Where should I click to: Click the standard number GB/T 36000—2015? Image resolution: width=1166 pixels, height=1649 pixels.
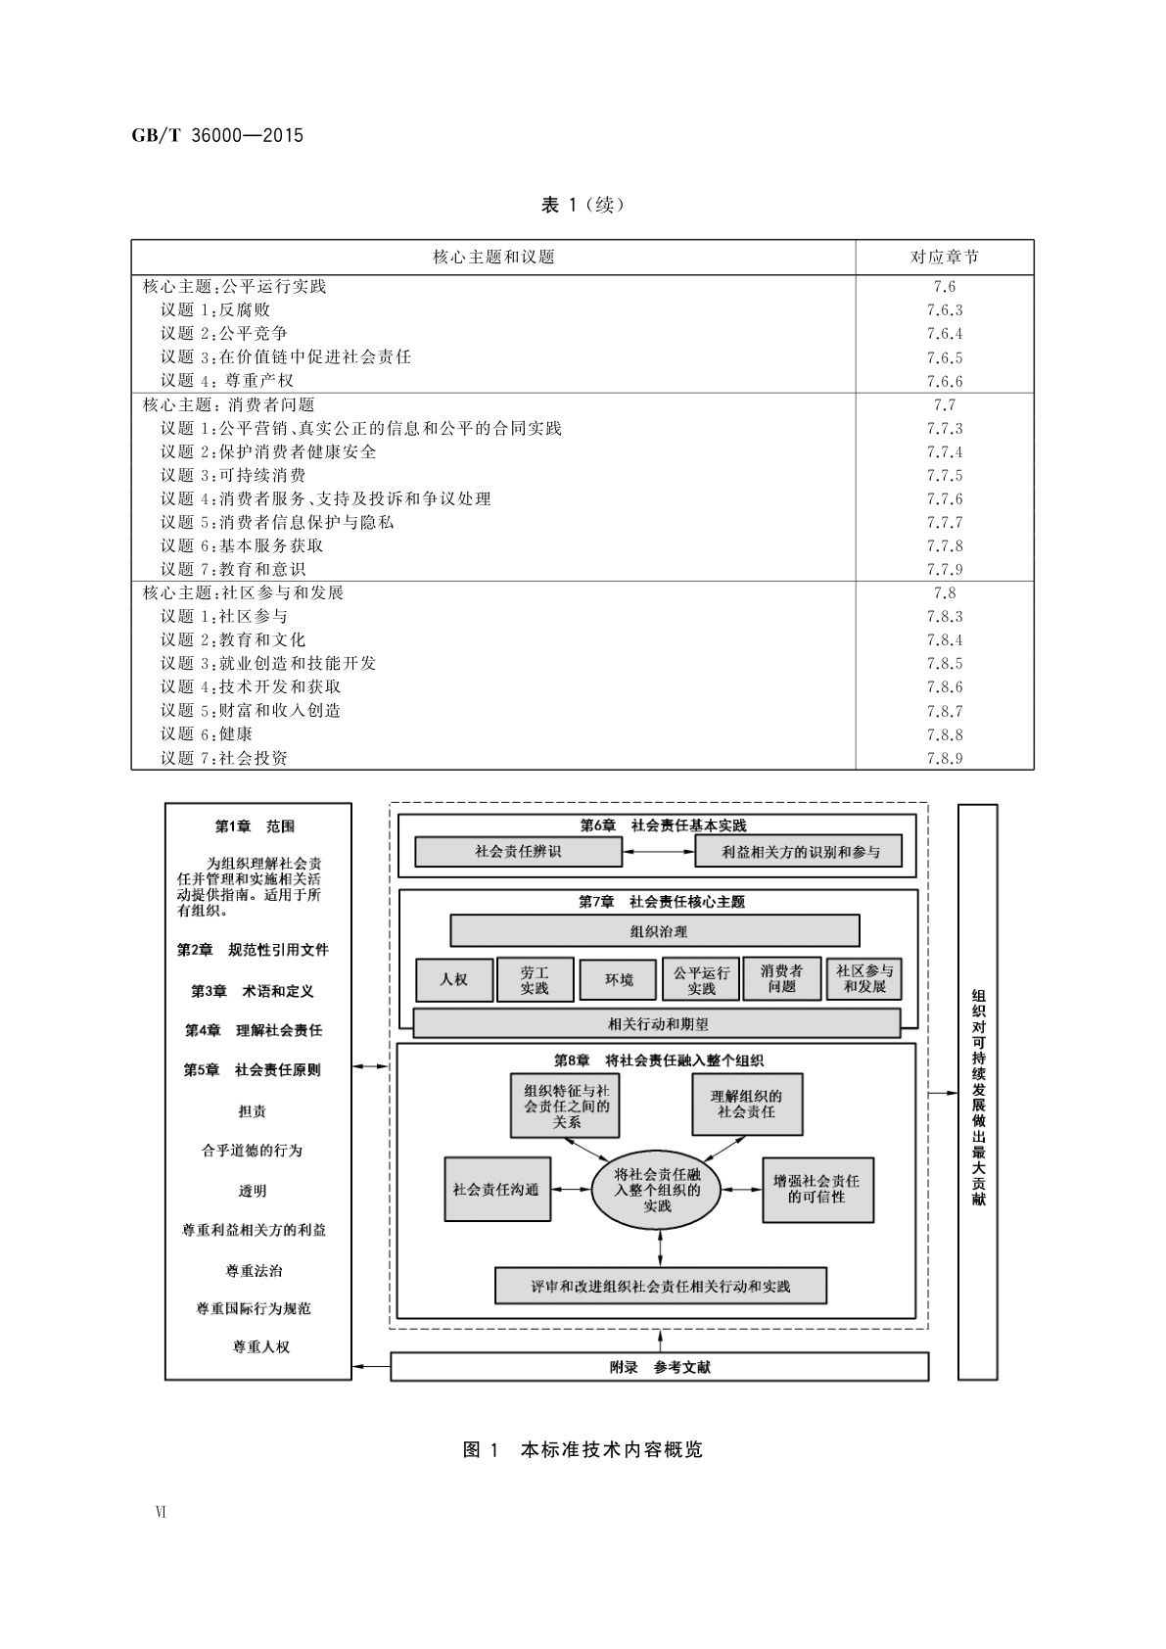click(x=217, y=136)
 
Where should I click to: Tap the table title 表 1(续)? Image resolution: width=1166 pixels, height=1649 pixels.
click(x=583, y=205)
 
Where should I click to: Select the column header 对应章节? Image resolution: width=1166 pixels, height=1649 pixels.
click(x=944, y=258)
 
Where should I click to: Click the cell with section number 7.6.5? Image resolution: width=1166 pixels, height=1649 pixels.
click(x=944, y=357)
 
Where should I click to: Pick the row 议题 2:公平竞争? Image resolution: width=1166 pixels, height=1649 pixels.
click(x=224, y=334)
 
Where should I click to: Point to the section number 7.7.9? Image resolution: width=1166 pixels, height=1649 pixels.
click(x=944, y=569)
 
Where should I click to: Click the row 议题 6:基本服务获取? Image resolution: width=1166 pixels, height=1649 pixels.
click(x=242, y=545)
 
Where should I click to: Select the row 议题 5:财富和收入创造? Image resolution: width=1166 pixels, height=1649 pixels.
click(x=251, y=710)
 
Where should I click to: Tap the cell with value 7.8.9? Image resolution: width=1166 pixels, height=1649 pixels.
click(x=944, y=758)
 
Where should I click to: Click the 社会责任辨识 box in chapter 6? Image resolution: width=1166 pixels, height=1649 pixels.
click(x=518, y=852)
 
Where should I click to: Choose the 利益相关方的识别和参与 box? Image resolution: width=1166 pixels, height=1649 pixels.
click(x=798, y=852)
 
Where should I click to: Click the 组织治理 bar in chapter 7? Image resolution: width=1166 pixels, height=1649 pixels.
click(x=655, y=930)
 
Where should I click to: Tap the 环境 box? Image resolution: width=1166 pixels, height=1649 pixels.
click(x=618, y=979)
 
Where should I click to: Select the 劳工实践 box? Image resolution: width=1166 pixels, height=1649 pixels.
click(x=535, y=979)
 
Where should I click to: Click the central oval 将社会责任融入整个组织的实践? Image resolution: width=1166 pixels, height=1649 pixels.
click(x=657, y=1190)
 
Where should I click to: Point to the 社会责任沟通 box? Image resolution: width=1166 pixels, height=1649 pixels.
click(x=496, y=1189)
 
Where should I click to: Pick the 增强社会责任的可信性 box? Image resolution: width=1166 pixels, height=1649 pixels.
click(x=816, y=1189)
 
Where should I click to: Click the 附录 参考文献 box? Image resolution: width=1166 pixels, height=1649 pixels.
click(x=659, y=1367)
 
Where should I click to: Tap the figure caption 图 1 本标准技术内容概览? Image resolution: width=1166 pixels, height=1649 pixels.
click(x=583, y=1449)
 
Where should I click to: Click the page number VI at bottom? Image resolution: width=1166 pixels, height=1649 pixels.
click(x=161, y=1512)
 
